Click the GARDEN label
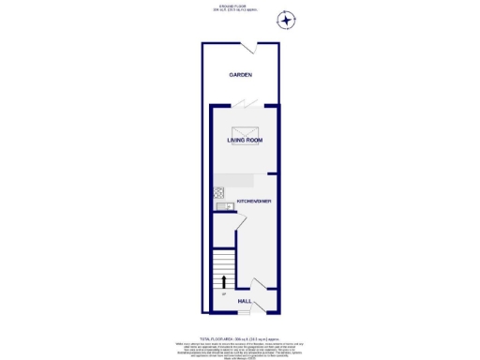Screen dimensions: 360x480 pyautogui.click(x=240, y=75)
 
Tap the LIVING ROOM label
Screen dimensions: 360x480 pyautogui.click(x=244, y=141)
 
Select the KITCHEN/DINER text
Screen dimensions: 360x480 pyautogui.click(x=254, y=202)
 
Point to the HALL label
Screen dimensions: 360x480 pyautogui.click(x=244, y=301)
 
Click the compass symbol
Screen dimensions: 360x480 pyautogui.click(x=287, y=20)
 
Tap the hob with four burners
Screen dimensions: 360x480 pyautogui.click(x=220, y=194)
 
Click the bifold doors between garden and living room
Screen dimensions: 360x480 pyautogui.click(x=243, y=102)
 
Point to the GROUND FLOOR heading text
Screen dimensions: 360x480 pyautogui.click(x=240, y=7)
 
